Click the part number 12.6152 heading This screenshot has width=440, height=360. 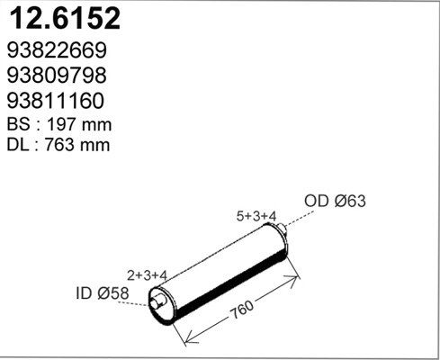64,20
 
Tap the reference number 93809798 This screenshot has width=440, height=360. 57,76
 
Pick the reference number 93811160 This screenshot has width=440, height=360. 57,101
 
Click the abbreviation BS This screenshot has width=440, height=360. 19,123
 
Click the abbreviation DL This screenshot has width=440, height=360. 19,144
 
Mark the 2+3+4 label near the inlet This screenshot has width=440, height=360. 148,274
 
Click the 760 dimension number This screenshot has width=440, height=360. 239,311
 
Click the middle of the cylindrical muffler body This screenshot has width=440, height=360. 222,269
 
